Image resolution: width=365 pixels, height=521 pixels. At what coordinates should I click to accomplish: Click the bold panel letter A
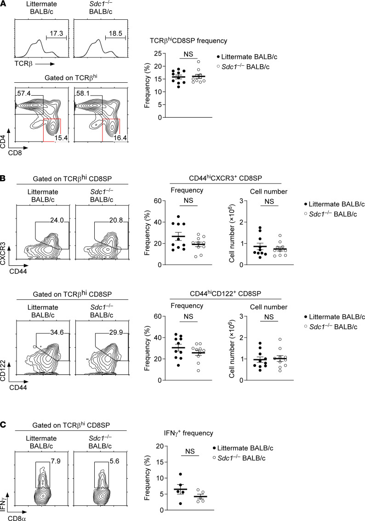pos(4,4)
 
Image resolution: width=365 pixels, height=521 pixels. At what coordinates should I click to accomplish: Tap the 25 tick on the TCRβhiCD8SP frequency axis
pos(162,54)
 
